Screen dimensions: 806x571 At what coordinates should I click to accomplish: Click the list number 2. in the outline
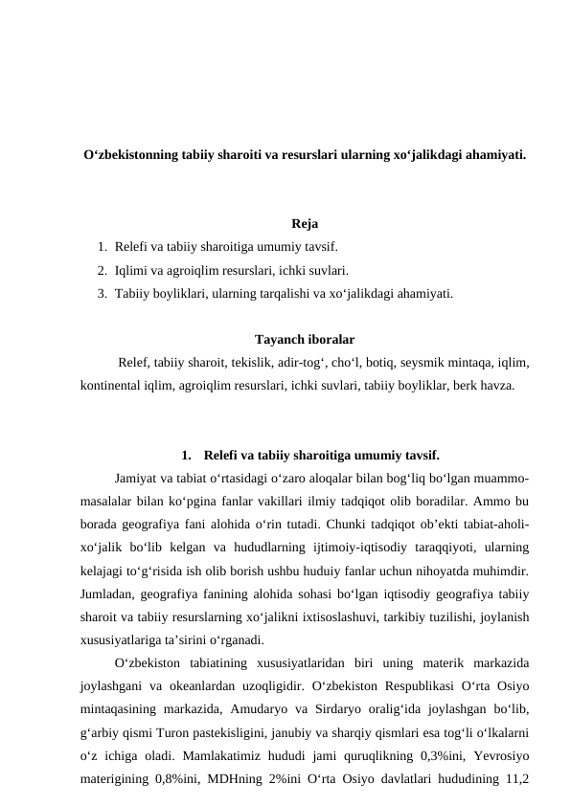tap(102, 271)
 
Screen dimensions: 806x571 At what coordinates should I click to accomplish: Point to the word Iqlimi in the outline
tap(131, 271)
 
